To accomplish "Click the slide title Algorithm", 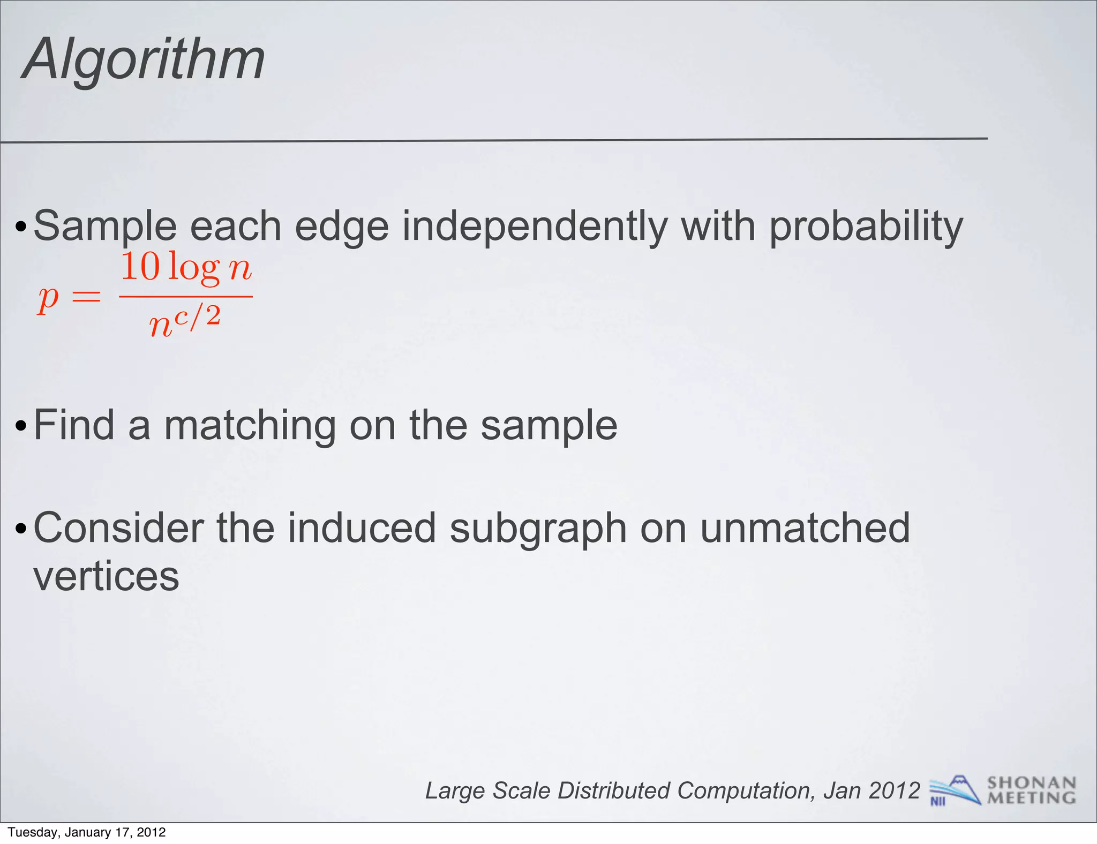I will [144, 60].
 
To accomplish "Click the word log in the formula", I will [194, 268].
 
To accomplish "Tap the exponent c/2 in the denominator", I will [197, 316].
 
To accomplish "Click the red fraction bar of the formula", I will [185, 296].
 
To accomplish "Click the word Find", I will [74, 425].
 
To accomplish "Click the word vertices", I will [106, 577].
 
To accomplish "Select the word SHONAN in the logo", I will [1031, 783].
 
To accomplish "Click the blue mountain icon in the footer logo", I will [957, 789].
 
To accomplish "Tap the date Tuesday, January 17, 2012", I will [87, 832].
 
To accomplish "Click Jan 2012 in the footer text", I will [871, 790].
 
